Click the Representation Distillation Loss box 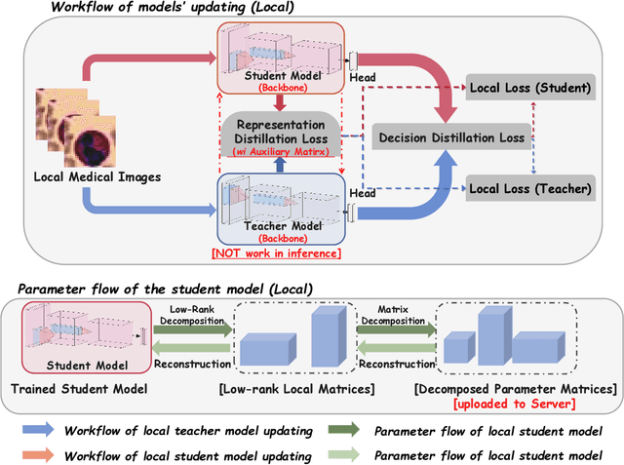[x=281, y=137]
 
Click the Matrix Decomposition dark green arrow [x=395, y=332]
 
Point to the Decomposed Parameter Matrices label [x=514, y=389]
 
